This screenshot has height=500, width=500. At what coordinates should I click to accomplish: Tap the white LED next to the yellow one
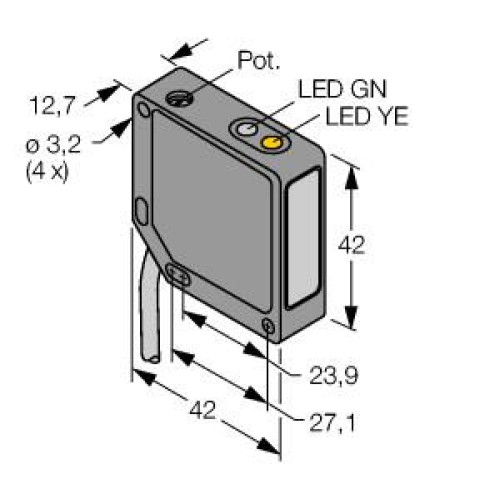[244, 128]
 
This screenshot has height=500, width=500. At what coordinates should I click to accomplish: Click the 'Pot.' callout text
[253, 62]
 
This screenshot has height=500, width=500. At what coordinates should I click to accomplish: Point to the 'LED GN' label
[333, 91]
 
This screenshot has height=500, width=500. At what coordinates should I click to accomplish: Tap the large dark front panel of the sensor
[210, 210]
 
